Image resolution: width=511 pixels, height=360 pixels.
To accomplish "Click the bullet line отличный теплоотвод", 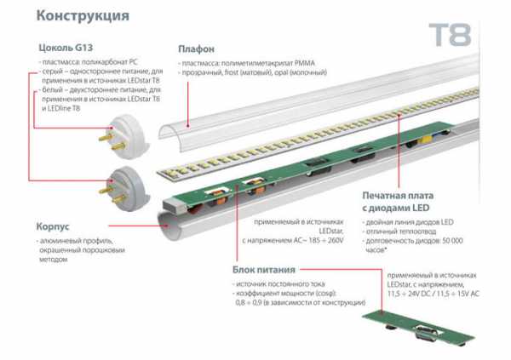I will tap(399, 231).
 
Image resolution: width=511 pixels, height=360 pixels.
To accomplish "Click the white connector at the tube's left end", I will tap(175, 203).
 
